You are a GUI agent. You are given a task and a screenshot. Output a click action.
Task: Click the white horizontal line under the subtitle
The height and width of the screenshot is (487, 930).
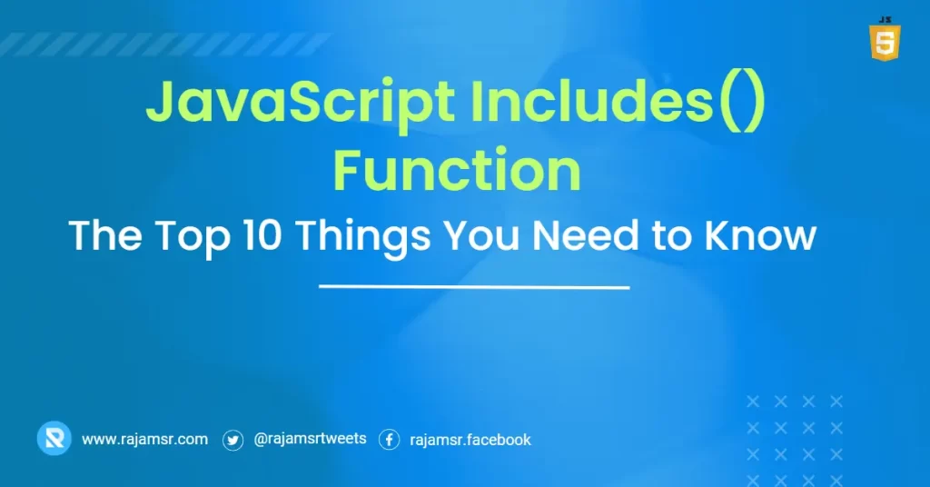[x=474, y=287]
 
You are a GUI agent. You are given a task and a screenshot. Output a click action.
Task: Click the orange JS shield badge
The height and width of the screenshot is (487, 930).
[x=885, y=43]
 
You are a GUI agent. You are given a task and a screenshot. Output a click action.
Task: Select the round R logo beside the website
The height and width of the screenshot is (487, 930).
[x=54, y=440]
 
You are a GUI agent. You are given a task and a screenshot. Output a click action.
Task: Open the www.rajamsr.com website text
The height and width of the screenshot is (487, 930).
[x=144, y=440]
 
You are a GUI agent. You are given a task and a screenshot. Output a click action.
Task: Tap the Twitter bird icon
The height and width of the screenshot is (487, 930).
[x=233, y=441]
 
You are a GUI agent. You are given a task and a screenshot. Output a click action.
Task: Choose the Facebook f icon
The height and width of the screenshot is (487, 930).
[x=389, y=441]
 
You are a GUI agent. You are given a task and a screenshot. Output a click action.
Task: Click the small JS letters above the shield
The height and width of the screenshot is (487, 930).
[x=885, y=18]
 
